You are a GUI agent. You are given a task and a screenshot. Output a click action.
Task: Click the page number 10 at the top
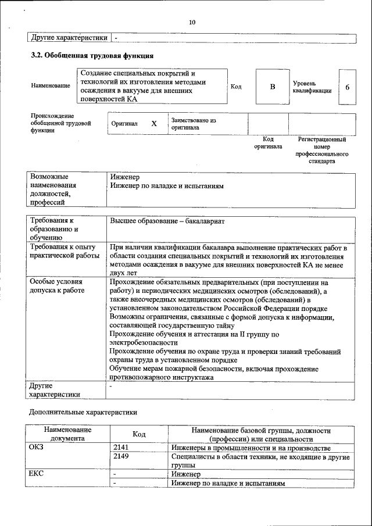[x=192, y=22]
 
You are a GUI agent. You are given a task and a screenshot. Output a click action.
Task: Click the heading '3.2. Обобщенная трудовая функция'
[x=92, y=56]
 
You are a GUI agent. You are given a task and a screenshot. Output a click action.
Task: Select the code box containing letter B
[x=272, y=87]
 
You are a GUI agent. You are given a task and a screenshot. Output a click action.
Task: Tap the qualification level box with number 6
[x=347, y=87]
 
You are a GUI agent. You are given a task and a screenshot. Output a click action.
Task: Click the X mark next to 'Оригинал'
[x=154, y=124]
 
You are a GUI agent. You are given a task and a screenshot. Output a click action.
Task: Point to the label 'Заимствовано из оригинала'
[x=194, y=124]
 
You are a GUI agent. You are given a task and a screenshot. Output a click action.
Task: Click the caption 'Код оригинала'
[x=268, y=143]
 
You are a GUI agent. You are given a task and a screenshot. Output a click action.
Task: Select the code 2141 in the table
[x=121, y=449]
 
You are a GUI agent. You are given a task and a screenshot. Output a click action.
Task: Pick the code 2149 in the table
[x=121, y=457]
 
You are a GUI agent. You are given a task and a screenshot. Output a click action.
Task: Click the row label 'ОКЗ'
[x=37, y=449]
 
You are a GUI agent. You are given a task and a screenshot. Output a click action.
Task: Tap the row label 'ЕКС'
[x=37, y=474]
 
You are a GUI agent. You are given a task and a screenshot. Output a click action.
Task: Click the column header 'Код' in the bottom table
[x=139, y=435]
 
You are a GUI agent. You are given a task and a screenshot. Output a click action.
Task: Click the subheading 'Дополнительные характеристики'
[x=83, y=413]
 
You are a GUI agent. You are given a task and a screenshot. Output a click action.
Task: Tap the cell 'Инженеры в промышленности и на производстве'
[x=251, y=449]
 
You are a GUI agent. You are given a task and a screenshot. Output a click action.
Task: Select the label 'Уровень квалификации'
[x=312, y=87]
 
